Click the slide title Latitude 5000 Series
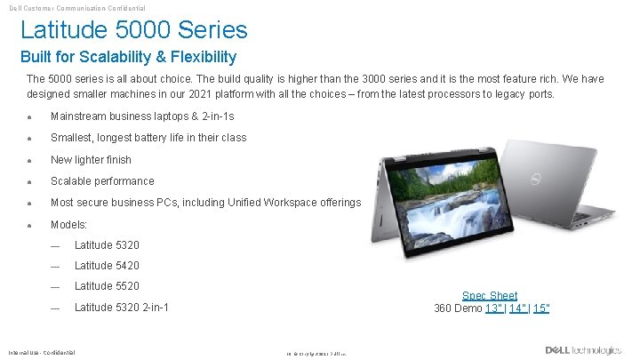pyautogui.click(x=133, y=30)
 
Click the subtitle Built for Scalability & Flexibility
pyautogui.click(x=128, y=58)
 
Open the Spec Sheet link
pyautogui.click(x=489, y=295)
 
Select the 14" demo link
pyautogui.click(x=517, y=308)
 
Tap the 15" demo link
pyautogui.click(x=541, y=308)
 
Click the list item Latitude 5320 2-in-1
pyautogui.click(x=122, y=308)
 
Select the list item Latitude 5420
pyautogui.click(x=107, y=265)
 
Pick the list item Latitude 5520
pyautogui.click(x=107, y=285)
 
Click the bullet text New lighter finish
pyautogui.click(x=91, y=160)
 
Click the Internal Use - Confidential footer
pyautogui.click(x=42, y=352)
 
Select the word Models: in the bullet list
pyautogui.click(x=68, y=224)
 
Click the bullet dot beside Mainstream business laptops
pyautogui.click(x=30, y=116)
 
